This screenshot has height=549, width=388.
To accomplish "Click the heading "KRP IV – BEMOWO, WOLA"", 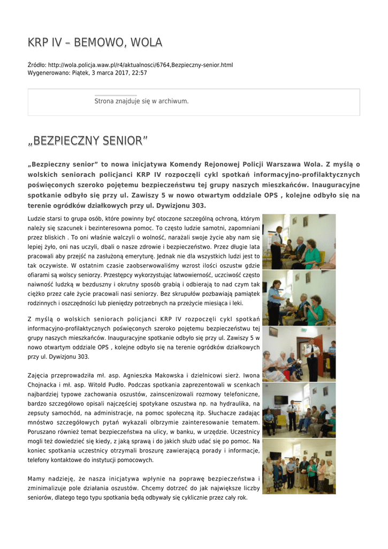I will (x=95, y=42).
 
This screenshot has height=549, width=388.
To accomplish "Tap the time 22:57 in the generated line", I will (x=140, y=72).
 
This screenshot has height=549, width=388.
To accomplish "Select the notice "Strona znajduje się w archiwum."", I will (x=141, y=101).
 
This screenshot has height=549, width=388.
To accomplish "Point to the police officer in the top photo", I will (x=277, y=247).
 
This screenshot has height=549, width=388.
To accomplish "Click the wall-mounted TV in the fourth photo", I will (x=280, y=400).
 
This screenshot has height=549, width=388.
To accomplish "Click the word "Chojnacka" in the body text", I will (x=43, y=385).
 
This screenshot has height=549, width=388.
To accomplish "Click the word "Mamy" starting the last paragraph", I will (x=36, y=478).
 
